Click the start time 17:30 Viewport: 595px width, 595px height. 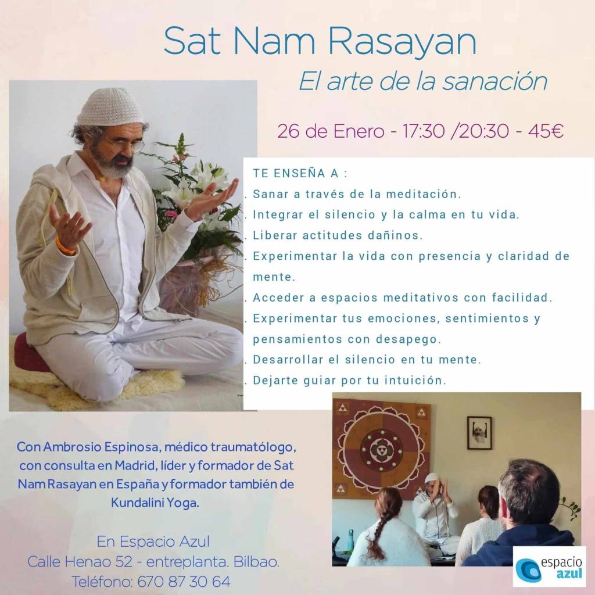click(x=423, y=131)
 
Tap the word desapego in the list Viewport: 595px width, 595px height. click(x=408, y=339)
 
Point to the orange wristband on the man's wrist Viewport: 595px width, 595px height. click(x=65, y=246)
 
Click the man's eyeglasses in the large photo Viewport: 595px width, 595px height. click(x=124, y=145)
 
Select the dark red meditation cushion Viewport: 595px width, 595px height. click(x=30, y=353)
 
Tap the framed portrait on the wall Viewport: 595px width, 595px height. click(x=479, y=432)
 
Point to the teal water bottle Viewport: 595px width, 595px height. click(x=350, y=540)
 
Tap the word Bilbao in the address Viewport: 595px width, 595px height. click(x=256, y=562)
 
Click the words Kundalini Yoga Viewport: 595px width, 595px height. click(x=155, y=503)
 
